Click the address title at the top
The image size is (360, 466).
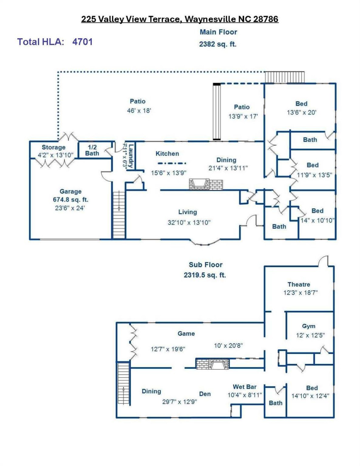180,19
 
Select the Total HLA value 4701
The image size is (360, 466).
83,42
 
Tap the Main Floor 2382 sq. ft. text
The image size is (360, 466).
218,38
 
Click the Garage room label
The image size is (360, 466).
70,192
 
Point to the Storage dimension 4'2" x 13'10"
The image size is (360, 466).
55,155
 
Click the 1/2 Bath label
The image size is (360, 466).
92,150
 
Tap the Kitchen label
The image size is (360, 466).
167,154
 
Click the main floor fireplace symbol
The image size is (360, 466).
206,184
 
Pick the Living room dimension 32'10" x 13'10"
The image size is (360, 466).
189,223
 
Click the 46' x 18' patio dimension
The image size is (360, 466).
139,111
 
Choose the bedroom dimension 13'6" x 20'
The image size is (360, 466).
301,113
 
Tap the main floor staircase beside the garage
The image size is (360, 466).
119,214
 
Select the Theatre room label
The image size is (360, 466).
298,284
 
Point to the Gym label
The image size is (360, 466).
309,326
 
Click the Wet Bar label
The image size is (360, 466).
244,387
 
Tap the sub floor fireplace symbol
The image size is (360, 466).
212,364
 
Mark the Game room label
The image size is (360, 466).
186,334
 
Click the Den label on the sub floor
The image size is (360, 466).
205,394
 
